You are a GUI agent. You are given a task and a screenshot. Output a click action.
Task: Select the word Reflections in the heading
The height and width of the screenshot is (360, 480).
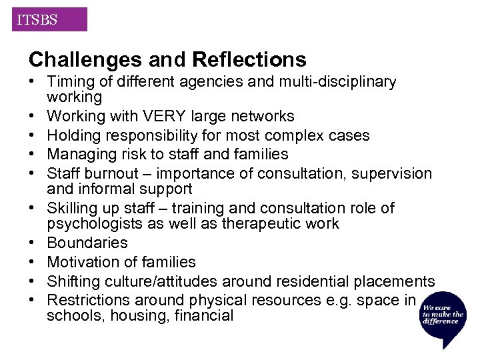pos(249,60)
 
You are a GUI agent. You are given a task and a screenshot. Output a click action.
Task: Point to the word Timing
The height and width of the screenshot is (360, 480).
pos(70,82)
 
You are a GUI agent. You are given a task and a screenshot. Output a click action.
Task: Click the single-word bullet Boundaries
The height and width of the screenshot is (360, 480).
pos(87,243)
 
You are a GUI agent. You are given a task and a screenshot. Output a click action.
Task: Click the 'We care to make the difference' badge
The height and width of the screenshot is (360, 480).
pos(443,317)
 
